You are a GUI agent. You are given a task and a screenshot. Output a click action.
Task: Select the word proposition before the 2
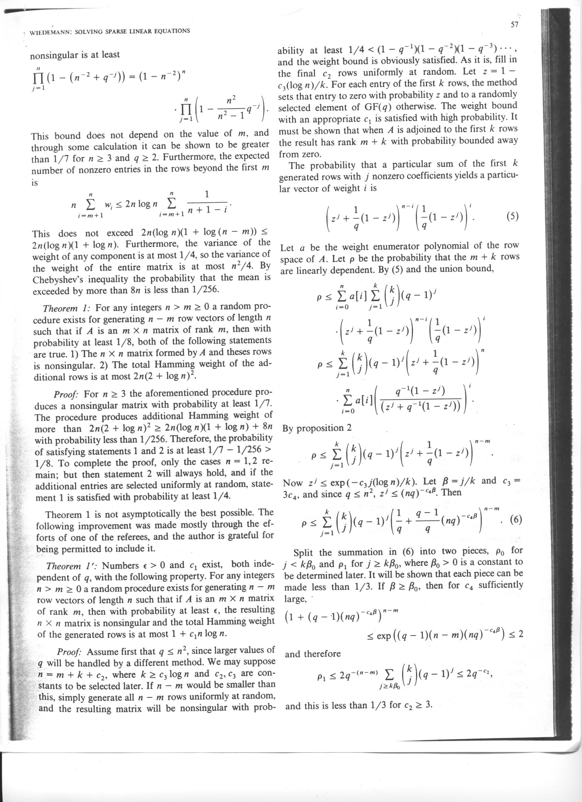point(320,428)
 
